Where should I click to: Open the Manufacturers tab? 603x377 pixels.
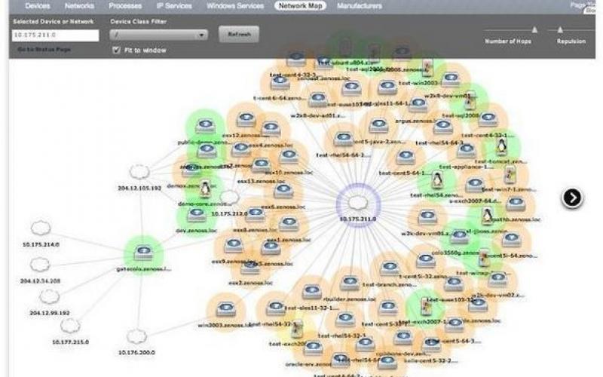pos(360,6)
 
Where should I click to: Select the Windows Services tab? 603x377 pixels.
pos(234,6)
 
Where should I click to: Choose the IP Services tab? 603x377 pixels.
pos(175,6)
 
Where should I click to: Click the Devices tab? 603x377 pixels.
pos(38,6)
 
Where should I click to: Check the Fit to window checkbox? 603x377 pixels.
pos(116,51)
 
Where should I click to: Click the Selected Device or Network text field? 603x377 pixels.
pos(56,35)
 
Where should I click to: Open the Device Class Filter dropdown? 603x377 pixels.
pos(158,35)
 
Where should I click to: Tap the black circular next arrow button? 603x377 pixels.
pos(572,198)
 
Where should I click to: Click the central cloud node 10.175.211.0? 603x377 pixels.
pos(359,202)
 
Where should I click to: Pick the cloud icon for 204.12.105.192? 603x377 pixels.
pos(139,173)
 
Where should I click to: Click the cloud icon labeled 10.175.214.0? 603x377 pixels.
pos(41,228)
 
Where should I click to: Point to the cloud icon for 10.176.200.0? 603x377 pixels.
pos(136,336)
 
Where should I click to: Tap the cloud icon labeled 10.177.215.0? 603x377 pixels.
pos(70,326)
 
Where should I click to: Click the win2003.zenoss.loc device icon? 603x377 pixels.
pos(224,309)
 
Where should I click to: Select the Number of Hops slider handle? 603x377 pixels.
pos(534,30)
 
